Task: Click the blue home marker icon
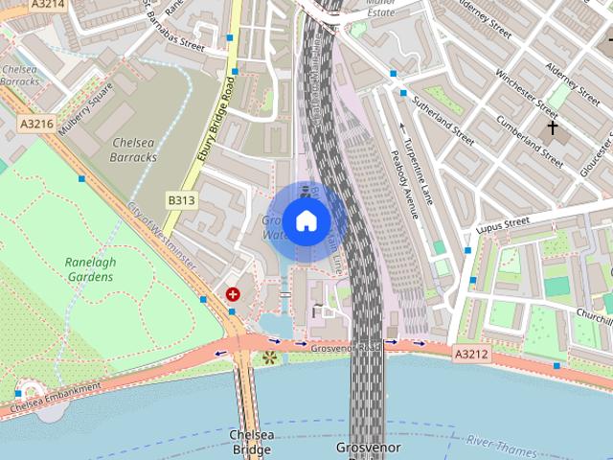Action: tap(306, 220)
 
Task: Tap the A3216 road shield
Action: tap(36, 124)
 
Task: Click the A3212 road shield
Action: tap(471, 355)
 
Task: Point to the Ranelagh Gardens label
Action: tap(89, 269)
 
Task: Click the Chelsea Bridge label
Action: tap(251, 442)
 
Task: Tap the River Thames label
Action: tap(505, 443)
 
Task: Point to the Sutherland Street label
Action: tap(443, 119)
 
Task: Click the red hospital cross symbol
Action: tap(233, 295)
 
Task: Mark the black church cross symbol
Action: tap(553, 127)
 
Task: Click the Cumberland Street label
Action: tap(531, 136)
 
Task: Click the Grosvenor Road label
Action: tap(345, 346)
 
